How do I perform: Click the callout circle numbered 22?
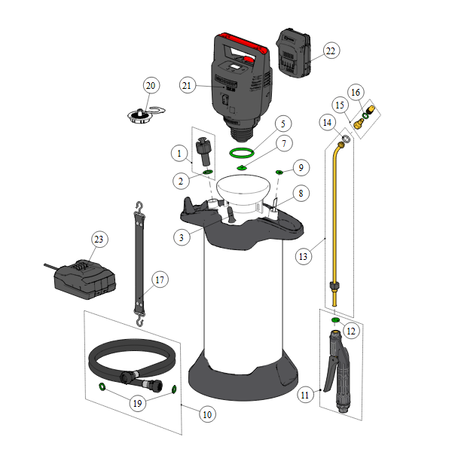tap(331, 50)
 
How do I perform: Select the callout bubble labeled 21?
tap(187, 86)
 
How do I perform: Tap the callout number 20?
tap(151, 86)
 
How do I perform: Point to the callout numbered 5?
tap(283, 124)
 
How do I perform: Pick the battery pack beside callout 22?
tap(294, 53)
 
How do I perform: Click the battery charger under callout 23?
tap(84, 279)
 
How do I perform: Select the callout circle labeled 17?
tap(160, 279)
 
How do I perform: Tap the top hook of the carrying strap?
tap(140, 207)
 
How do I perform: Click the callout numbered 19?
tap(138, 403)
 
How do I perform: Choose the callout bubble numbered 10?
tap(208, 414)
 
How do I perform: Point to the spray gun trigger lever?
tap(329, 374)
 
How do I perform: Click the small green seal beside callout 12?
tap(335, 319)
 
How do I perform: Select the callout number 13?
tap(304, 256)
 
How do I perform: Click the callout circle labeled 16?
tap(356, 93)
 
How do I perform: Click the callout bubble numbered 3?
tap(182, 237)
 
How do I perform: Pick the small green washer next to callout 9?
tap(279, 172)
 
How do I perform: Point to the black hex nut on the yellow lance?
tap(334, 286)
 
